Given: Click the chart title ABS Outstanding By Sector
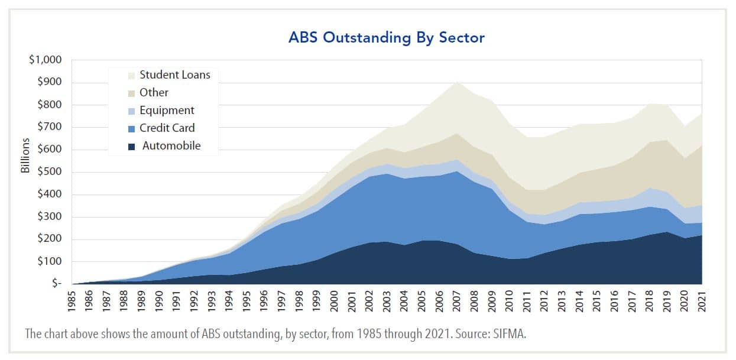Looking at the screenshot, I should click(x=386, y=37).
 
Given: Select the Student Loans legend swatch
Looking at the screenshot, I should click(x=131, y=74).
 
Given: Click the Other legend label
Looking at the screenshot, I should click(x=154, y=93).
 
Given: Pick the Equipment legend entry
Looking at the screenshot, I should click(x=166, y=111).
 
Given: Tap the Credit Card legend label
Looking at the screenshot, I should click(x=167, y=128).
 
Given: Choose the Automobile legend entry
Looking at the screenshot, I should click(x=171, y=146).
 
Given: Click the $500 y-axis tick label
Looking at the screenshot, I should click(x=51, y=172).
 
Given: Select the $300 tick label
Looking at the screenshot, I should click(x=51, y=217).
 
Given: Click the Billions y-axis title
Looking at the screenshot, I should click(x=25, y=156).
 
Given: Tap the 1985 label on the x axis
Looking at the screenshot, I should click(x=73, y=302).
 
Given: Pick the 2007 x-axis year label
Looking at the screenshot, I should click(x=458, y=302).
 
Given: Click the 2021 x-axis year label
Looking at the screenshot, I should click(x=702, y=302).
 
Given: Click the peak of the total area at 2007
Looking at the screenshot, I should click(x=458, y=82).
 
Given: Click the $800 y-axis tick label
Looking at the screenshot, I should click(x=51, y=105).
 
